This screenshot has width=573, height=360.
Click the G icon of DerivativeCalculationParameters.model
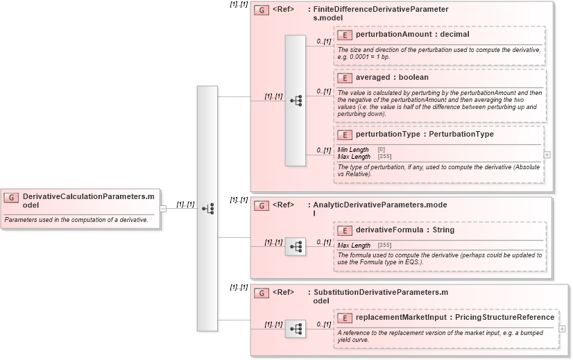pos(11,198)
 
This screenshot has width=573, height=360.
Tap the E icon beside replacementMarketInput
pos(345,318)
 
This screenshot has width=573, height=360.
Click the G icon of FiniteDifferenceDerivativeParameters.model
pos(262,10)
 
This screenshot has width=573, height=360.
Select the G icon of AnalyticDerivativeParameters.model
pos(262,206)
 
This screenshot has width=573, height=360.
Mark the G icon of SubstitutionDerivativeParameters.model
pos(262,293)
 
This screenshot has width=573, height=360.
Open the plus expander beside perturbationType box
pos(547,155)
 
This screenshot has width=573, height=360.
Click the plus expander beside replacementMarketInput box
pos(562,329)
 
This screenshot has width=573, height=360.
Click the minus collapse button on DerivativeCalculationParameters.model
pos(162,208)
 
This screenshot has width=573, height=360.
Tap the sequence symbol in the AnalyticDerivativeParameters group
pos(296,246)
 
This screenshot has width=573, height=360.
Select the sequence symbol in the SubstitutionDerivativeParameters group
pos(296,329)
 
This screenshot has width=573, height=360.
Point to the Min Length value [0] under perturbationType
pos(382,150)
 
